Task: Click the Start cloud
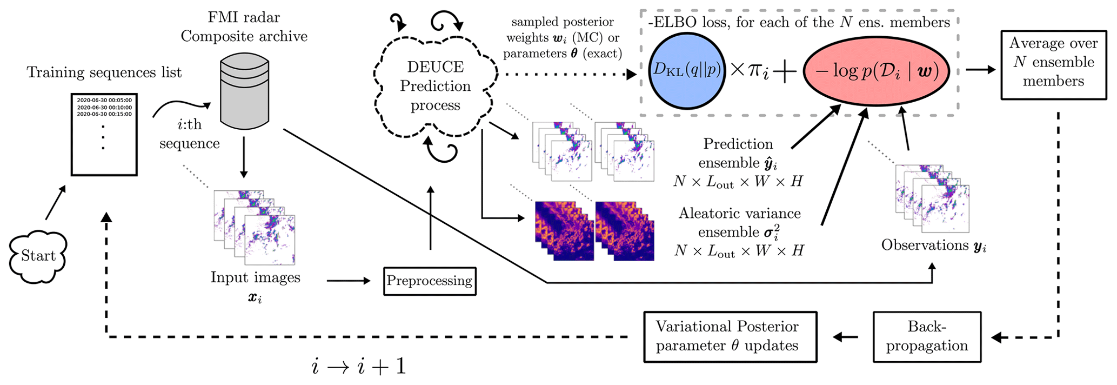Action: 38,257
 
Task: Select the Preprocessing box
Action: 430,281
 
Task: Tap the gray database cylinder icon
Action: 244,94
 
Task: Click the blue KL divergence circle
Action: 686,71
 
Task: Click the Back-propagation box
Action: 927,336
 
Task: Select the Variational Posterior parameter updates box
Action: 730,336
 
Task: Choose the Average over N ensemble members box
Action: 1053,65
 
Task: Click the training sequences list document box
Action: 104,135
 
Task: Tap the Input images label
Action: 255,277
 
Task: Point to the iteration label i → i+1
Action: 359,367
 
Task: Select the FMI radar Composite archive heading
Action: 244,27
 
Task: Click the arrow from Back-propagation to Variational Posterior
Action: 846,337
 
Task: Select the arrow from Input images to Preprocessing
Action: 349,281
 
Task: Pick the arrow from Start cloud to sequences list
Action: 56,202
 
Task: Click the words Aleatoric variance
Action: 739,214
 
